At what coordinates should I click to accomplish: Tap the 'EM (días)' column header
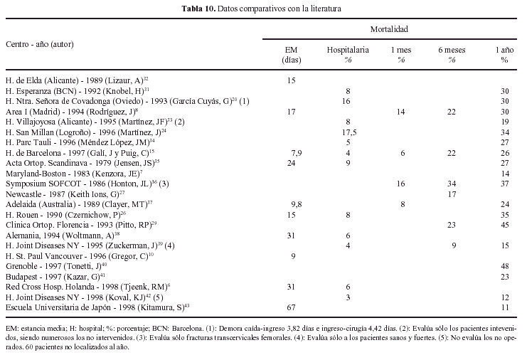point(291,55)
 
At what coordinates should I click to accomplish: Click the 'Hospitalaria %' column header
point(348,55)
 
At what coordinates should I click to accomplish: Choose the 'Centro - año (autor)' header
point(40,44)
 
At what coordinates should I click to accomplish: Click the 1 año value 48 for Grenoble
point(504,265)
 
